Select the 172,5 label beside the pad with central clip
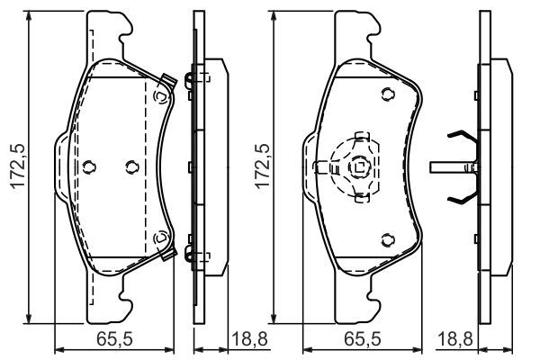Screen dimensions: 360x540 tap(262, 166)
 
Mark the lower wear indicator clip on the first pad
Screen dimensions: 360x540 tap(163, 240)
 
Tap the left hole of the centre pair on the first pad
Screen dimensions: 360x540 tap(88, 166)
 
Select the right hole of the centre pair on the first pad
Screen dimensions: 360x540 tap(131, 166)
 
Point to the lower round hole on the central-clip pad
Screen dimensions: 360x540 tap(386, 238)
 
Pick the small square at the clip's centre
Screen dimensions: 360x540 tap(359, 166)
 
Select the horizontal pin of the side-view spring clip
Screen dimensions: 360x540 tap(448, 166)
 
